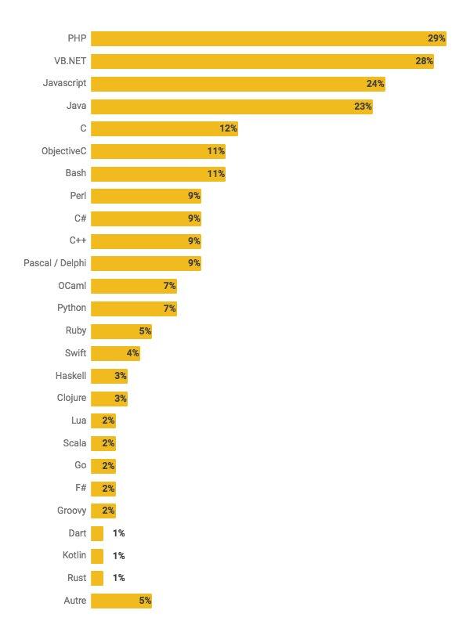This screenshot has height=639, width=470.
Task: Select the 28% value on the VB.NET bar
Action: [x=424, y=61]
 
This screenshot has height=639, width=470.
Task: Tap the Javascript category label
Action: [x=64, y=83]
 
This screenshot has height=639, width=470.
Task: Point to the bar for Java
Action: [x=231, y=106]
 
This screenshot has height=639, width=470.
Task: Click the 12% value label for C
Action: [x=228, y=128]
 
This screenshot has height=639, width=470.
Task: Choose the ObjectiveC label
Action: [x=63, y=150]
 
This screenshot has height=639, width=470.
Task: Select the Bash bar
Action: [x=157, y=174]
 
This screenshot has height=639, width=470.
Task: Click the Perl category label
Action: [x=78, y=196]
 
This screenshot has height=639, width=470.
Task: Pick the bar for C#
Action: [x=146, y=218]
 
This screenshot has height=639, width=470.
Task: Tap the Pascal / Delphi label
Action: [x=55, y=263]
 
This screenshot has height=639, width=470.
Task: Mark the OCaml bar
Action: [x=133, y=286]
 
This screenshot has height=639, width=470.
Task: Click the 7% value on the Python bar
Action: [x=169, y=309]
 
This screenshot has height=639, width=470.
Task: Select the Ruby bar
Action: [x=121, y=331]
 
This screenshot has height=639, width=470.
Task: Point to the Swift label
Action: [x=76, y=353]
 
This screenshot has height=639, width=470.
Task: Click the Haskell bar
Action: [x=109, y=376]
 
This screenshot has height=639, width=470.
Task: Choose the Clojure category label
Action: [x=71, y=398]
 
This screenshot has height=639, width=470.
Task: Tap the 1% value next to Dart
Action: [x=118, y=533]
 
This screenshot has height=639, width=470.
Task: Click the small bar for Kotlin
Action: [x=97, y=556]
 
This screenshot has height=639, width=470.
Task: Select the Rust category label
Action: [x=77, y=578]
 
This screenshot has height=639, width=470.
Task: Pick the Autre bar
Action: [x=121, y=601]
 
